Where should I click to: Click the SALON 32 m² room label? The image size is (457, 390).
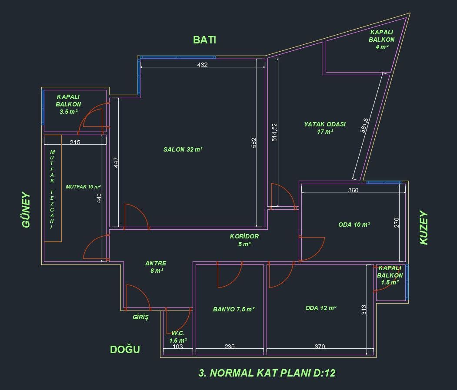pyautogui.click(x=183, y=149)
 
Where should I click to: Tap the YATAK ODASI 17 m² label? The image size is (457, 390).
pyautogui.click(x=325, y=128)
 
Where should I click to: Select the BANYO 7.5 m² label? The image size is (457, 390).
pyautogui.click(x=234, y=309)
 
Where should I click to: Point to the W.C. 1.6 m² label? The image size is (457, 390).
pyautogui.click(x=178, y=337)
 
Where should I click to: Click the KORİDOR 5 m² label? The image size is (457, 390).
pyautogui.click(x=244, y=240)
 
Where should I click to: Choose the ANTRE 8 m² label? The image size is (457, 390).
pyautogui.click(x=156, y=267)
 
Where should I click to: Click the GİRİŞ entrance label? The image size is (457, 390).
pyautogui.click(x=141, y=317)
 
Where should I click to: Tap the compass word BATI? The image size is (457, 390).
pyautogui.click(x=205, y=40)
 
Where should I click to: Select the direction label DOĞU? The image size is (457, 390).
pyautogui.click(x=125, y=349)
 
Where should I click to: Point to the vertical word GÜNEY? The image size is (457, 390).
pyautogui.click(x=26, y=210)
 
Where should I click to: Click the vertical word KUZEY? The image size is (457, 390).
pyautogui.click(x=424, y=228)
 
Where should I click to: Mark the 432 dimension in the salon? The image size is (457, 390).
pyautogui.click(x=202, y=65)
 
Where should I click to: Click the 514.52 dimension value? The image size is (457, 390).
pyautogui.click(x=274, y=132)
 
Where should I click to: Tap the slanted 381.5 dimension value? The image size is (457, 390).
pyautogui.click(x=364, y=125)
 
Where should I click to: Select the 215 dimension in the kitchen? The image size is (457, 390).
pyautogui.click(x=75, y=142)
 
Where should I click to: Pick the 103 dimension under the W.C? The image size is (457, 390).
pyautogui.click(x=177, y=346)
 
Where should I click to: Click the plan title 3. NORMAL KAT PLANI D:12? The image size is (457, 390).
pyautogui.click(x=267, y=373)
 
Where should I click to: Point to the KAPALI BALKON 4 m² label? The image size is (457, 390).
pyautogui.click(x=381, y=40)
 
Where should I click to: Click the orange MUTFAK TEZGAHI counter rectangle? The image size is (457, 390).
pyautogui.click(x=53, y=188)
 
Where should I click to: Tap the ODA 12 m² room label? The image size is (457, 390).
pyautogui.click(x=321, y=308)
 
